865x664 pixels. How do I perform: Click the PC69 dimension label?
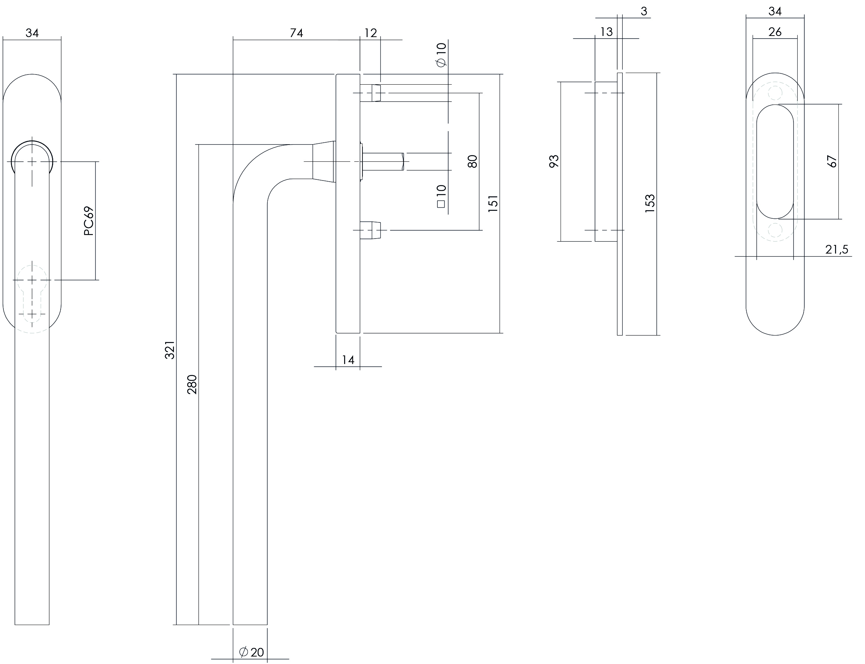(x=89, y=221)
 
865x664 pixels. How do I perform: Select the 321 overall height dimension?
(x=170, y=350)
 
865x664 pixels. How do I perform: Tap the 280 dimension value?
(x=192, y=385)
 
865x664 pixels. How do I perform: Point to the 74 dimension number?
(x=296, y=33)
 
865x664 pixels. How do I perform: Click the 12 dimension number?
(x=370, y=33)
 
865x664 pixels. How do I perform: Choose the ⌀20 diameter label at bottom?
(x=252, y=652)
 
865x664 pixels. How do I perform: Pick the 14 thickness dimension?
(x=348, y=360)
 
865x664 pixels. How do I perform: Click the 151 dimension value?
(x=493, y=204)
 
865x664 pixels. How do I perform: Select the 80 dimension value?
(x=472, y=161)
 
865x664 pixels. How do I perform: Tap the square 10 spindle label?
(x=441, y=196)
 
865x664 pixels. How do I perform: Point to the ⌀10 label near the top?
(x=441, y=55)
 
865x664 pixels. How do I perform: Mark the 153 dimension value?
(x=650, y=204)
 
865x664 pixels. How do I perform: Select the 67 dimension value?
(x=832, y=161)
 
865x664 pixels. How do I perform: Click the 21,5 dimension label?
(x=837, y=249)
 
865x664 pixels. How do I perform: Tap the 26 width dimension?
(x=775, y=31)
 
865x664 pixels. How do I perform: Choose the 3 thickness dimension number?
(x=644, y=12)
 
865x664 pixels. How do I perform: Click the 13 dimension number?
(x=606, y=31)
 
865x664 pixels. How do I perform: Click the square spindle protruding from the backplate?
(x=383, y=161)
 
